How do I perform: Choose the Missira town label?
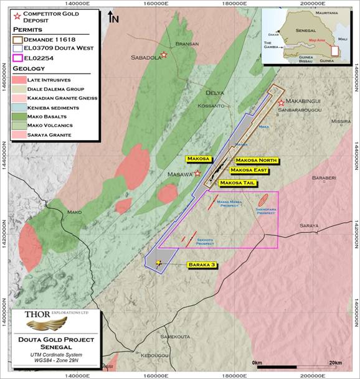(x=341, y=121)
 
